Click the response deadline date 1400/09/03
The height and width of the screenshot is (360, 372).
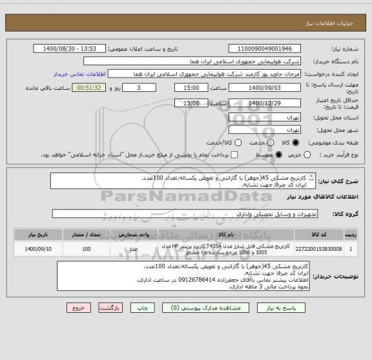[265, 87]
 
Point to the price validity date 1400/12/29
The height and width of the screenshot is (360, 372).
[265, 103]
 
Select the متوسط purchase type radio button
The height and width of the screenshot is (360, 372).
[280, 155]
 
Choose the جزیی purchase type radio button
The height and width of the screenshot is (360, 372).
[307, 155]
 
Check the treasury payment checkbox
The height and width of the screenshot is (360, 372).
[234, 155]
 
